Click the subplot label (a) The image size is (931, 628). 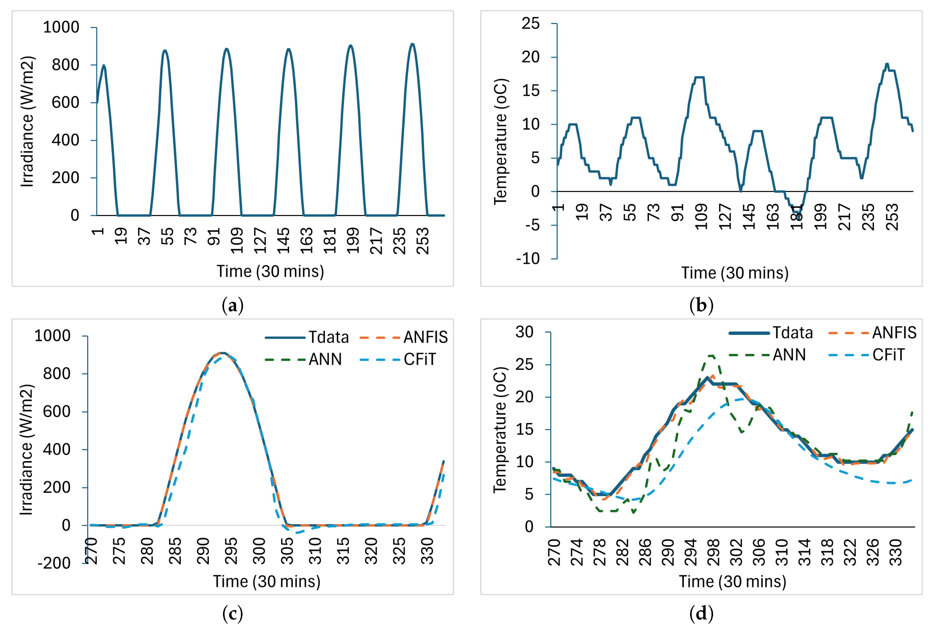(232, 306)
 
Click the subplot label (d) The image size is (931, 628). (701, 614)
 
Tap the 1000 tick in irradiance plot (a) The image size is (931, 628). (61, 27)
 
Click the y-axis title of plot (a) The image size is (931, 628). (27, 121)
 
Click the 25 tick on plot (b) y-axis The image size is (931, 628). (530, 24)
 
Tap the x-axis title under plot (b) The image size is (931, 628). (735, 273)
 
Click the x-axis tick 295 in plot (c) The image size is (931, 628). (231, 551)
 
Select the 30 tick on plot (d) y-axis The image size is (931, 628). (524, 332)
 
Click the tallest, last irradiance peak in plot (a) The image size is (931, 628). (412, 44)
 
